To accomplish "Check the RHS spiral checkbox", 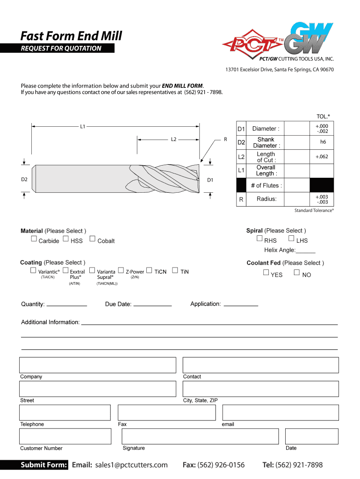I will tap(259, 238).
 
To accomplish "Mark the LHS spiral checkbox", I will tap(291, 238).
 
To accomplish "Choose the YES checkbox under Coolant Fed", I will tap(266, 272).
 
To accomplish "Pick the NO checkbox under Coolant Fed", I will tap(296, 272).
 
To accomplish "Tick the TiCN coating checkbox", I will tap(149, 270).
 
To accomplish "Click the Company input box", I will tap(98, 365).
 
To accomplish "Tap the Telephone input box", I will tap(65, 413).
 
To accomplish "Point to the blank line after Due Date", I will tap(152, 305).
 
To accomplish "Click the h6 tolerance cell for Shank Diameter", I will tap(323, 142).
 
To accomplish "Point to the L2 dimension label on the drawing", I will tap(173, 139).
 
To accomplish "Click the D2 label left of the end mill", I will tap(24, 179).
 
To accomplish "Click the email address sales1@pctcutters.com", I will tap(131, 465).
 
